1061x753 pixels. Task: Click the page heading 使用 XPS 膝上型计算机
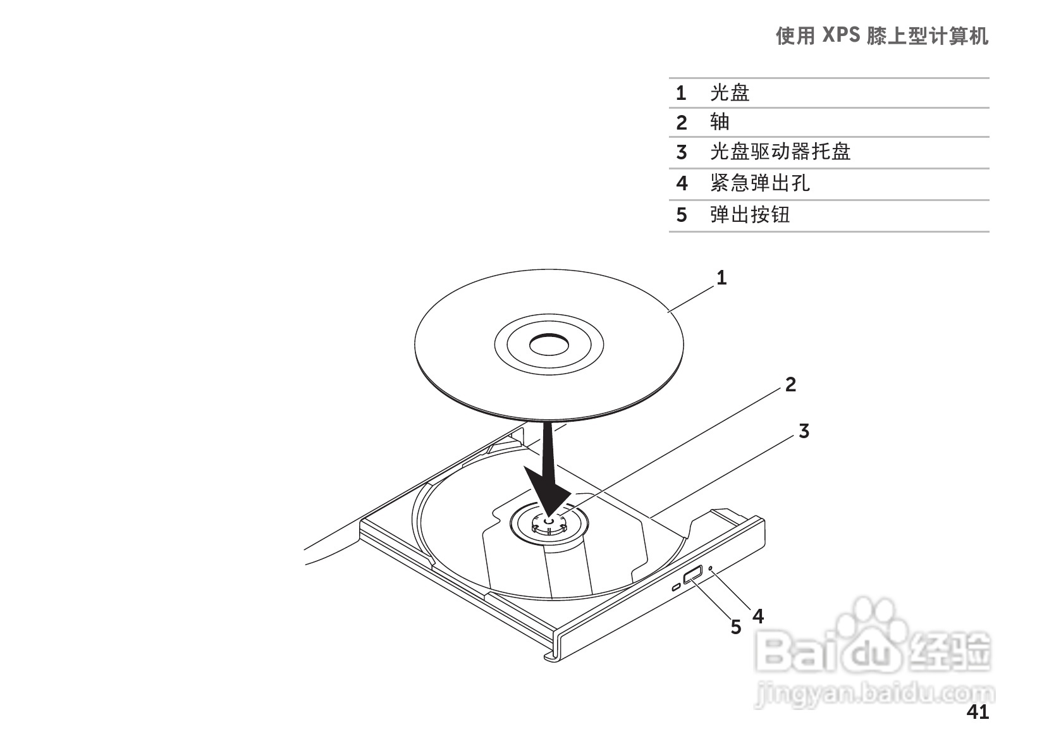(881, 37)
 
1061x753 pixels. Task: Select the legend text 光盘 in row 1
(730, 93)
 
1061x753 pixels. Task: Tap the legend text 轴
(720, 121)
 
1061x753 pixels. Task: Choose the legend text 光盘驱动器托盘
(780, 152)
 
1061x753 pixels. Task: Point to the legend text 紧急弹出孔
(759, 183)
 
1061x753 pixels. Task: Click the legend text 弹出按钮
(750, 215)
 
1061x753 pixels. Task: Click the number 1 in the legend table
(680, 93)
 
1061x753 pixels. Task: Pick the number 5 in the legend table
(681, 215)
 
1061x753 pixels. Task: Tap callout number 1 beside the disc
(721, 277)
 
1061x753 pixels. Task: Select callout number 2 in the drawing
(790, 384)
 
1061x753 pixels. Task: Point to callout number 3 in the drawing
(804, 431)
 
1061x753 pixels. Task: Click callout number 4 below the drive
(758, 615)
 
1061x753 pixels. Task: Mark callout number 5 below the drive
(735, 627)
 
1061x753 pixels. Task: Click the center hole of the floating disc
(549, 345)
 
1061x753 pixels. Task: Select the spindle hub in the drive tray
(549, 522)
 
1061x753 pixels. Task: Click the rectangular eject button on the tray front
(692, 575)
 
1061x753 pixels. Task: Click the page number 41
(978, 713)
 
